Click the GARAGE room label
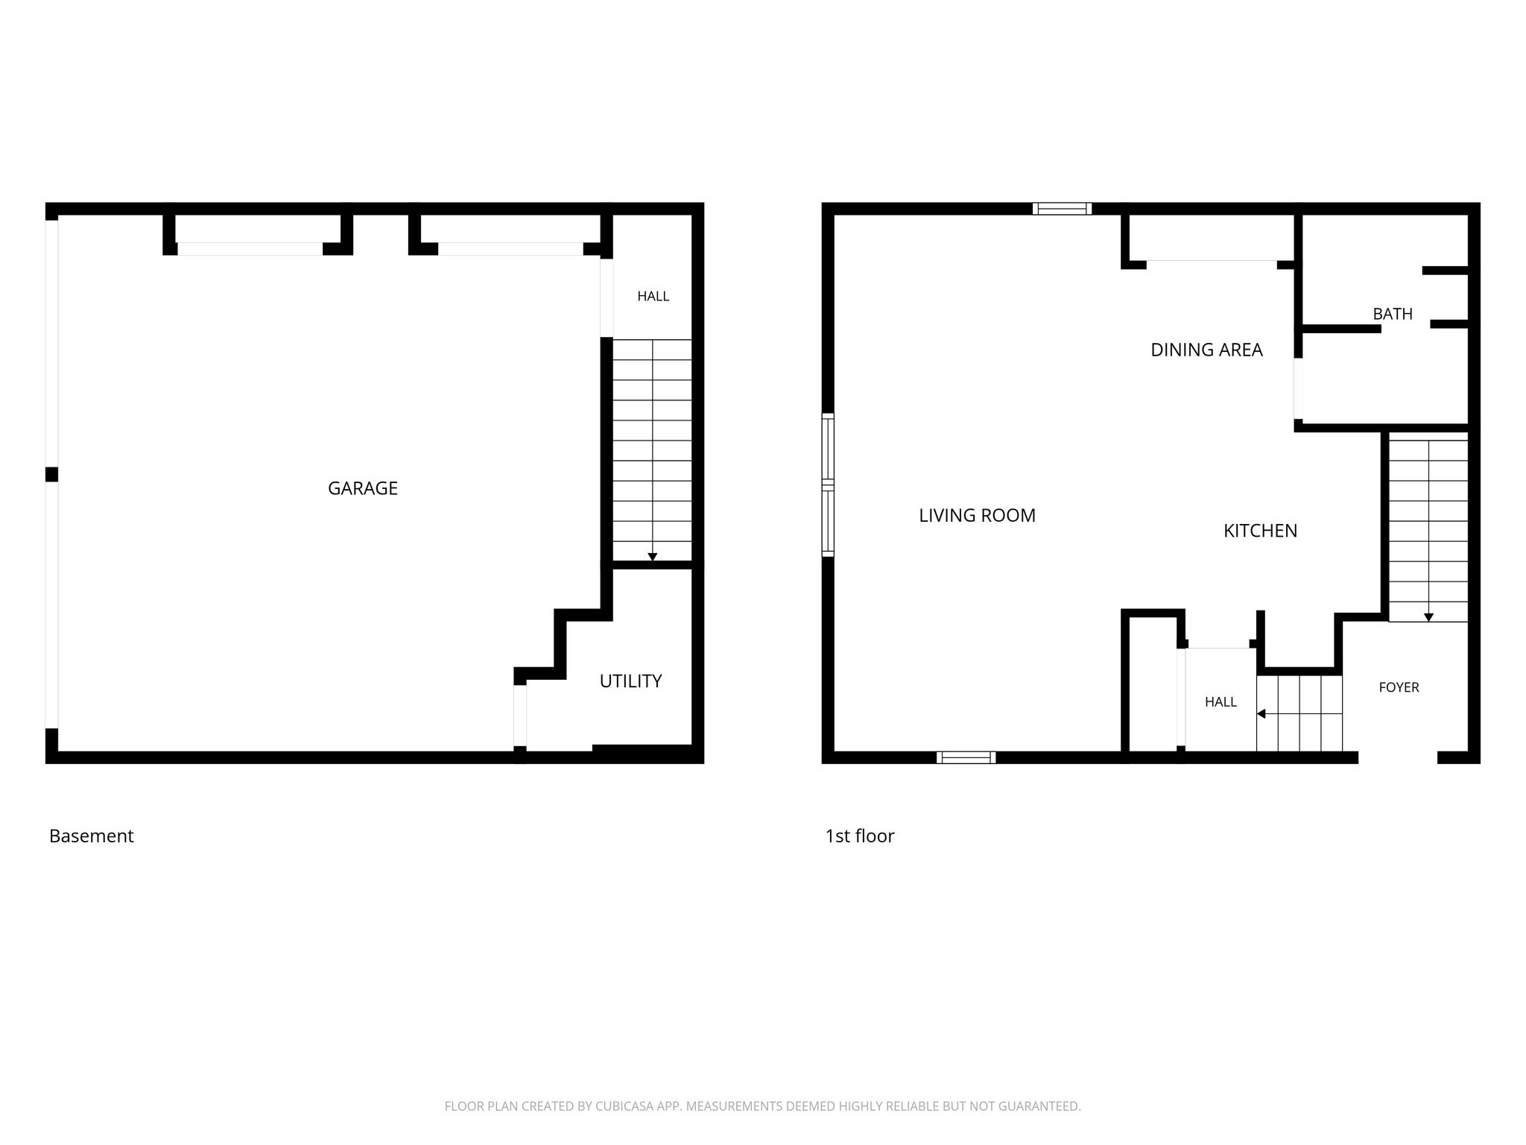point(363,488)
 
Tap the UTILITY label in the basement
point(630,681)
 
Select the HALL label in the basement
point(653,296)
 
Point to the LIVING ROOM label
point(977,515)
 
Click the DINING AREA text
point(1206,350)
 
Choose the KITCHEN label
point(1260,531)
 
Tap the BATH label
point(1393,314)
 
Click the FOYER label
point(1399,687)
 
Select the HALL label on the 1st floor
point(1221,701)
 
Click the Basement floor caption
point(91,836)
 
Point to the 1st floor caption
point(859,836)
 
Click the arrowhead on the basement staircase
point(652,557)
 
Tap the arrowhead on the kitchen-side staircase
point(1428,617)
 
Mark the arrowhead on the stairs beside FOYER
point(1261,713)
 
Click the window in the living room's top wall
point(1062,209)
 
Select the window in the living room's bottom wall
point(966,757)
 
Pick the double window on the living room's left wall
point(828,485)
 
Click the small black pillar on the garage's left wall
point(51,475)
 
